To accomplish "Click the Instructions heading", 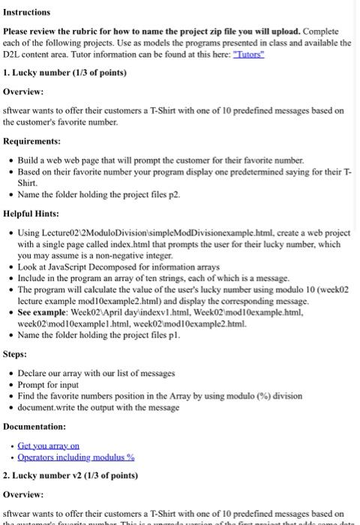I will pyautogui.click(x=27, y=12).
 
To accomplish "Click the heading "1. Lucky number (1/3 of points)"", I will pyautogui.click(x=64, y=73).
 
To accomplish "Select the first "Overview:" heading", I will pyautogui.click(x=23, y=91).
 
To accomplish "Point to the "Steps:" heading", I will pyautogui.click(x=15, y=354).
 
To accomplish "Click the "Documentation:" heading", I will pyautogui.click(x=34, y=426).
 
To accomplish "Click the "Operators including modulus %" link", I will pyautogui.click(x=76, y=457).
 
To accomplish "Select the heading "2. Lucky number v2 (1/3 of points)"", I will pyautogui.click(x=70, y=475).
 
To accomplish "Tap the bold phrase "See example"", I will pyautogui.click(x=43, y=311).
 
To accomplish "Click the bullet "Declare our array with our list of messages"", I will pyautogui.click(x=96, y=373).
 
